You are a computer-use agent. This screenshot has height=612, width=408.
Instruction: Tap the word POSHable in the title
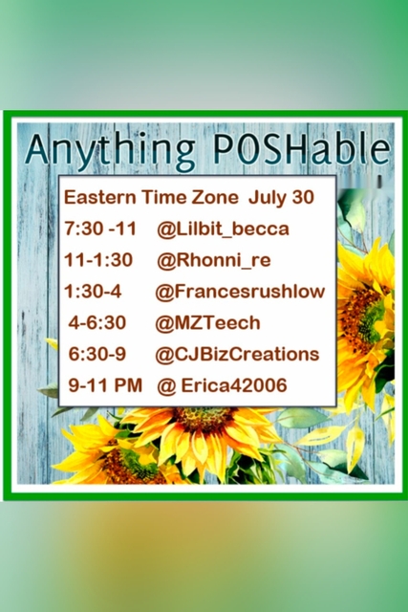coord(302,149)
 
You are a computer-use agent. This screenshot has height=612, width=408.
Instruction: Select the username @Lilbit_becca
coord(223,229)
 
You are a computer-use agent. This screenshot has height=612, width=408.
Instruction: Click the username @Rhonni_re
coord(214,260)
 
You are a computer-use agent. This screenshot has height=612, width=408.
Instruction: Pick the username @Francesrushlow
coord(240,292)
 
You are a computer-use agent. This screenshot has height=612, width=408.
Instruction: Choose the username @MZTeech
coord(207,323)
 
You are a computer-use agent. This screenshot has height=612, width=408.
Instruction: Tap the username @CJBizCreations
coord(237,355)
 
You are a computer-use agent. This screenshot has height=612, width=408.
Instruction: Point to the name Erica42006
coord(234,385)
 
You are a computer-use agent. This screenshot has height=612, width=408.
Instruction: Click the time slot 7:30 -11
coord(100,229)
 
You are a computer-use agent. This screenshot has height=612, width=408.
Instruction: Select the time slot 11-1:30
coord(98,260)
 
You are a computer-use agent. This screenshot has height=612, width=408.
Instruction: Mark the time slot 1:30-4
coord(94,291)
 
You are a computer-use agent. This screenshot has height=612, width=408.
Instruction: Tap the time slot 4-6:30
coord(97,323)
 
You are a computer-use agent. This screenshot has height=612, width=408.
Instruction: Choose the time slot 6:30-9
coord(97,354)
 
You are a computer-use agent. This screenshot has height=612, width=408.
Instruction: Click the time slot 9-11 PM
coord(105,385)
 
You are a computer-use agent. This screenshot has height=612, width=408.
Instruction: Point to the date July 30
coord(281,198)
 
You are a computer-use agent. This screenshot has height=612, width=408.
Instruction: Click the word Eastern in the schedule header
coord(100,197)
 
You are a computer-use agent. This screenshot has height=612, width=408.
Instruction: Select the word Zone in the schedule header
coord(215,197)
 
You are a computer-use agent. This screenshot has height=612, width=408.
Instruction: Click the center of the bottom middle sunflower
coord(204,419)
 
